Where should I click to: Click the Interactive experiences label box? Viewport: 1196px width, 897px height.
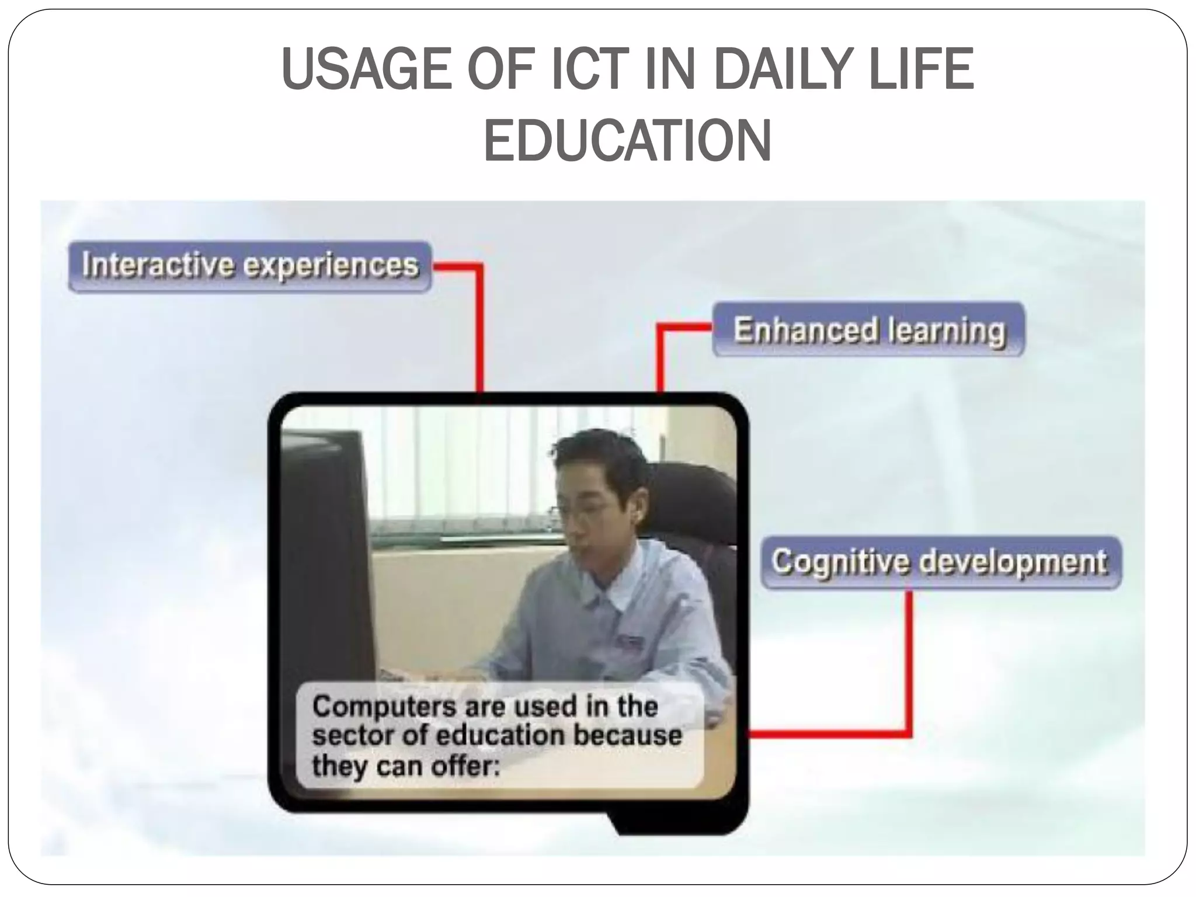(x=250, y=266)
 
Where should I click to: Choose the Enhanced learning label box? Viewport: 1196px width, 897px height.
(x=869, y=329)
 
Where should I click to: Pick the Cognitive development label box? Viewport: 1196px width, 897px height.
(x=940, y=562)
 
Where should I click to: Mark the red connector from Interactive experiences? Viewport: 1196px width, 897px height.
(x=480, y=327)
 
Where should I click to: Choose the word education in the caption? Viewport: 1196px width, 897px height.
(x=499, y=736)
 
